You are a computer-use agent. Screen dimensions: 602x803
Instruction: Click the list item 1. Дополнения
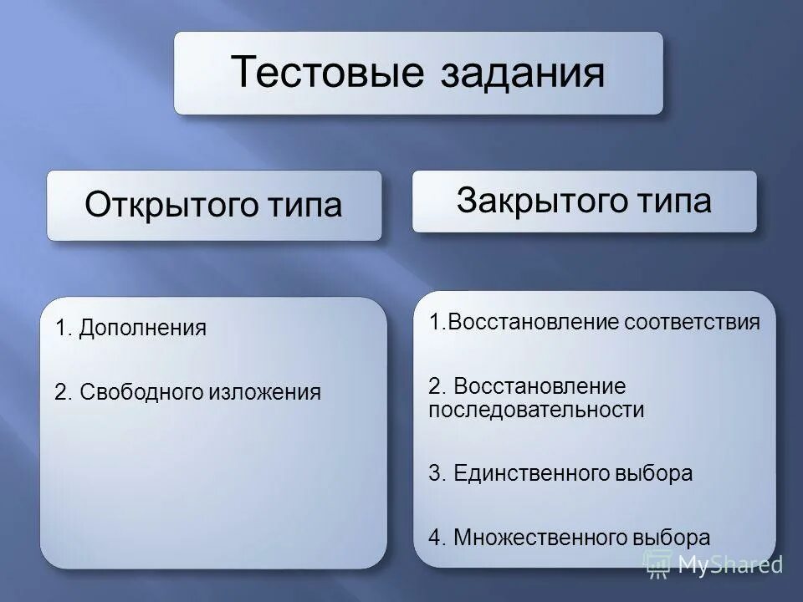click(130, 328)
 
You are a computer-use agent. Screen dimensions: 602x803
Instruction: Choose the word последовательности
click(536, 410)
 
